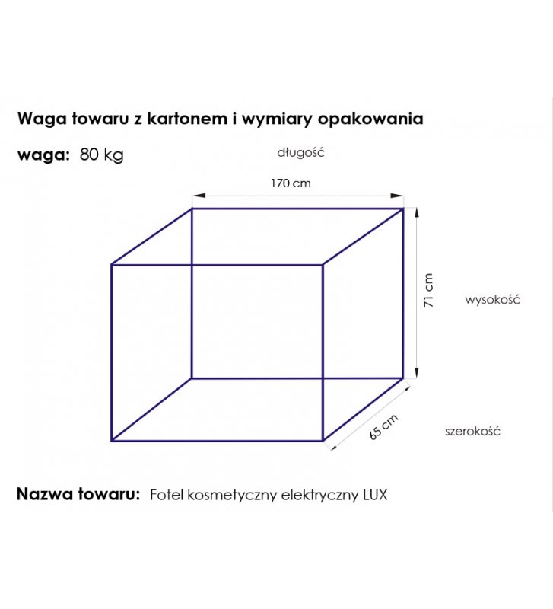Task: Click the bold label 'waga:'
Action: coord(43,155)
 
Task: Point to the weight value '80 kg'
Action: coord(102,155)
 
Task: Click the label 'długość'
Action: coord(300,152)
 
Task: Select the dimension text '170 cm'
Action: coord(291,183)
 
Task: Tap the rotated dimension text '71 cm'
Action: coord(428,290)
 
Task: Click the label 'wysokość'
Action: coord(492,299)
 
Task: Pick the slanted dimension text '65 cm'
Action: coord(383,427)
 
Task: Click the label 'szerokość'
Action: coord(472,431)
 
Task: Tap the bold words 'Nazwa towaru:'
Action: coord(78,494)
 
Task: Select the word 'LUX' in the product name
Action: coord(375,495)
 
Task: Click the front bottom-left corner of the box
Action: coord(112,441)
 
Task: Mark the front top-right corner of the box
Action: coord(323,265)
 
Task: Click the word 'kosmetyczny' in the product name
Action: coord(232,496)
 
